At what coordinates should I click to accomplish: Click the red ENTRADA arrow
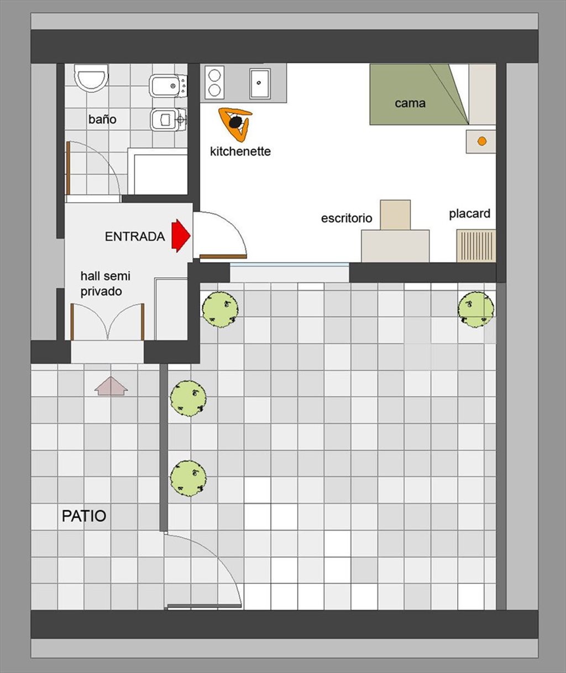click(181, 236)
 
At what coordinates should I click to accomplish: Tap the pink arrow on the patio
click(111, 386)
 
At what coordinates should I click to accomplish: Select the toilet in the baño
click(91, 78)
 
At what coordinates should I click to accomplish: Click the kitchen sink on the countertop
click(259, 83)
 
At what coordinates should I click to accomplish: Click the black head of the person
click(235, 122)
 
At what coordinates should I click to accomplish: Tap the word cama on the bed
click(410, 103)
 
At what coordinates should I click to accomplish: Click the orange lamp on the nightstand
click(481, 141)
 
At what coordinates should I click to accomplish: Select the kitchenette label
click(240, 151)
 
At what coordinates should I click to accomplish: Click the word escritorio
click(347, 218)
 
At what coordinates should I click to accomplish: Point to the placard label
click(469, 213)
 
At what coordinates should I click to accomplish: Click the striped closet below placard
click(476, 246)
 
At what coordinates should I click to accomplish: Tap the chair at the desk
click(395, 215)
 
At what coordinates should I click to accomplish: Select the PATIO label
click(84, 516)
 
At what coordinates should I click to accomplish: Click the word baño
click(102, 119)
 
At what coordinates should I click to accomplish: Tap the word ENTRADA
click(135, 237)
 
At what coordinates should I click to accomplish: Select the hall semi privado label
click(106, 284)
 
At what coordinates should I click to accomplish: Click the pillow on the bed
click(482, 94)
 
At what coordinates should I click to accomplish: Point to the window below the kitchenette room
click(290, 272)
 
